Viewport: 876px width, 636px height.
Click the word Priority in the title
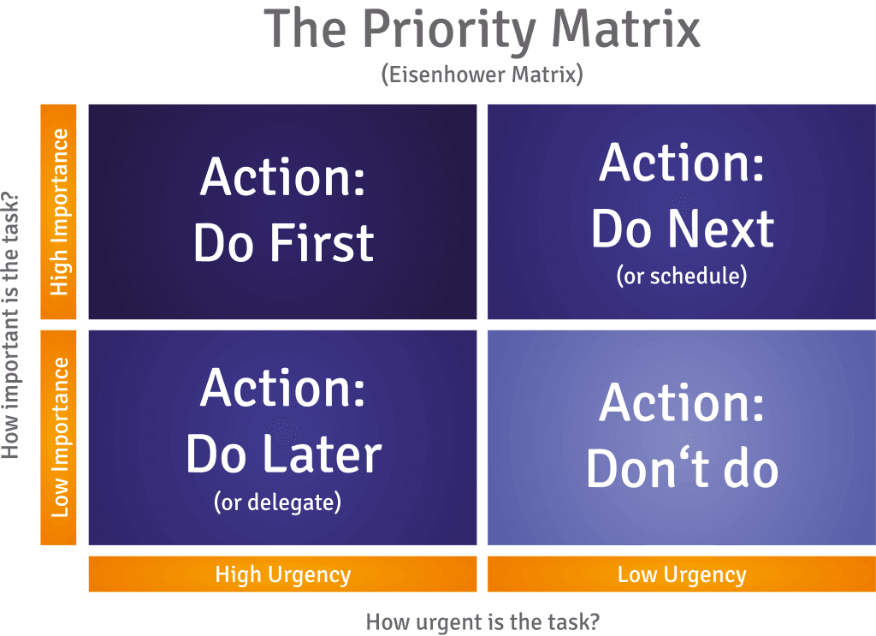click(449, 32)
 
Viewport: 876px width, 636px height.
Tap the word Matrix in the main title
click(625, 28)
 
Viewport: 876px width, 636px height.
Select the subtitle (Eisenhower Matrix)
click(482, 74)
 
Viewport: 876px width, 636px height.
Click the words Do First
click(284, 242)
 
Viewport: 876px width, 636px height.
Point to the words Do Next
click(683, 229)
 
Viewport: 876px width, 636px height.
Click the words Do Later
click(284, 454)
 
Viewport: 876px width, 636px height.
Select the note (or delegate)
click(278, 502)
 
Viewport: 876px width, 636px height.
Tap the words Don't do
click(682, 467)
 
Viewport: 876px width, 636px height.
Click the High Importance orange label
click(59, 211)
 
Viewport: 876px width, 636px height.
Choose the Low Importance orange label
click(59, 437)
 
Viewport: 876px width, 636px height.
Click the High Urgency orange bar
click(282, 574)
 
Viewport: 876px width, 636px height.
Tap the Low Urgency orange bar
click(682, 574)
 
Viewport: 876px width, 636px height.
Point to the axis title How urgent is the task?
click(482, 622)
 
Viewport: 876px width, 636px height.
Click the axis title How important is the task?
click(10, 325)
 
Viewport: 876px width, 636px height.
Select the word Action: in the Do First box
click(282, 176)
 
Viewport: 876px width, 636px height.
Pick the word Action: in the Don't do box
click(682, 402)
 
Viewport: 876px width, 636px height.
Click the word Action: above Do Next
click(682, 163)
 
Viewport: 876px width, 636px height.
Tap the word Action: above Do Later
click(282, 388)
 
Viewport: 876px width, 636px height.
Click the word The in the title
click(305, 28)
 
